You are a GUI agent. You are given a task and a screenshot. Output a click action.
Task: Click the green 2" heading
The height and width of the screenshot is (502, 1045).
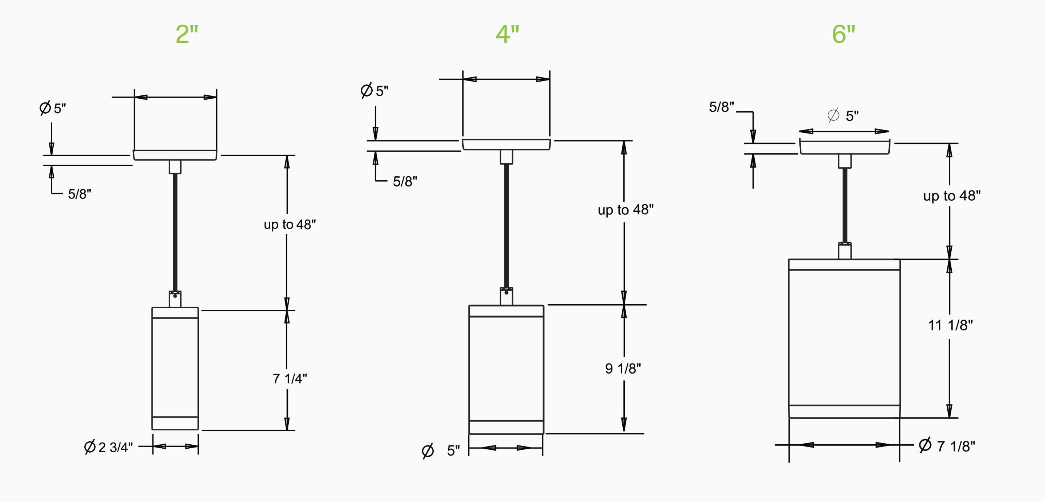point(187,34)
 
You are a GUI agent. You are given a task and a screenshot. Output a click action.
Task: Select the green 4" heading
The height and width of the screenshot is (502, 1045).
point(507,34)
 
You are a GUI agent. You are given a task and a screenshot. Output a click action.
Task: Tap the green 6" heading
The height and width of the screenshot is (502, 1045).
point(843,34)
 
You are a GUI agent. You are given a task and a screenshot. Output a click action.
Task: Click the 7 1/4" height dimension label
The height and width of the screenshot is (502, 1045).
point(290,379)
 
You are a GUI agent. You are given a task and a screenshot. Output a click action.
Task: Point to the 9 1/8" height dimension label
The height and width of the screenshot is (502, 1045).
point(623,369)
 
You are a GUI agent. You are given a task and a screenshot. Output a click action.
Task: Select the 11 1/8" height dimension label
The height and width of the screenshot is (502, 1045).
point(950,325)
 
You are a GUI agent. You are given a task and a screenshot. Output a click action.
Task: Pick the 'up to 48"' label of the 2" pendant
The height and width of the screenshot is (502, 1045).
point(290,224)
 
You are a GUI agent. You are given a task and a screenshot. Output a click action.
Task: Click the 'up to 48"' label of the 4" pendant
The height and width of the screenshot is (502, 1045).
point(626,210)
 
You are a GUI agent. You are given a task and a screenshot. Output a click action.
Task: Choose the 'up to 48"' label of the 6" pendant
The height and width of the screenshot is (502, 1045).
point(952,196)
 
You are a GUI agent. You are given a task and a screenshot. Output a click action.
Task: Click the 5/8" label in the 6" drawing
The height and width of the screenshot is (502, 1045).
point(721,107)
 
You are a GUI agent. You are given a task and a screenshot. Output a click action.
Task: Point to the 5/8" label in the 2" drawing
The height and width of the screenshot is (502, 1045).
point(79,194)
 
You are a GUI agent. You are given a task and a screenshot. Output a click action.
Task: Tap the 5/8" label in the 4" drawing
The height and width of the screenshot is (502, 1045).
point(405,182)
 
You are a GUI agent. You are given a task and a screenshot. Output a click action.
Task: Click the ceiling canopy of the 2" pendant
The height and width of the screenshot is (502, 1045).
point(175,155)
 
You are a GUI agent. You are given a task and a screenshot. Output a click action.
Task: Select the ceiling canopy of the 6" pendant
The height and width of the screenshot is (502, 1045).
point(844,148)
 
